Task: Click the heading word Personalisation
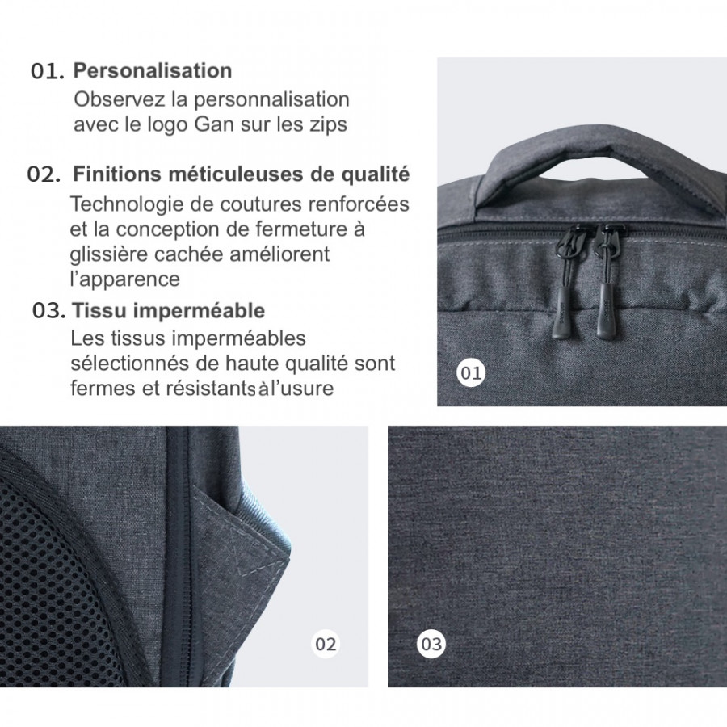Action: point(153,70)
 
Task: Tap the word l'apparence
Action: point(124,279)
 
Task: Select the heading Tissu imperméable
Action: point(168,311)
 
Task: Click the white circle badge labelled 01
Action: point(471,372)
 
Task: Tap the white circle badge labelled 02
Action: point(325,644)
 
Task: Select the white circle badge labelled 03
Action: point(432,644)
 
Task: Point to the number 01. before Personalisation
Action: point(47,71)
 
